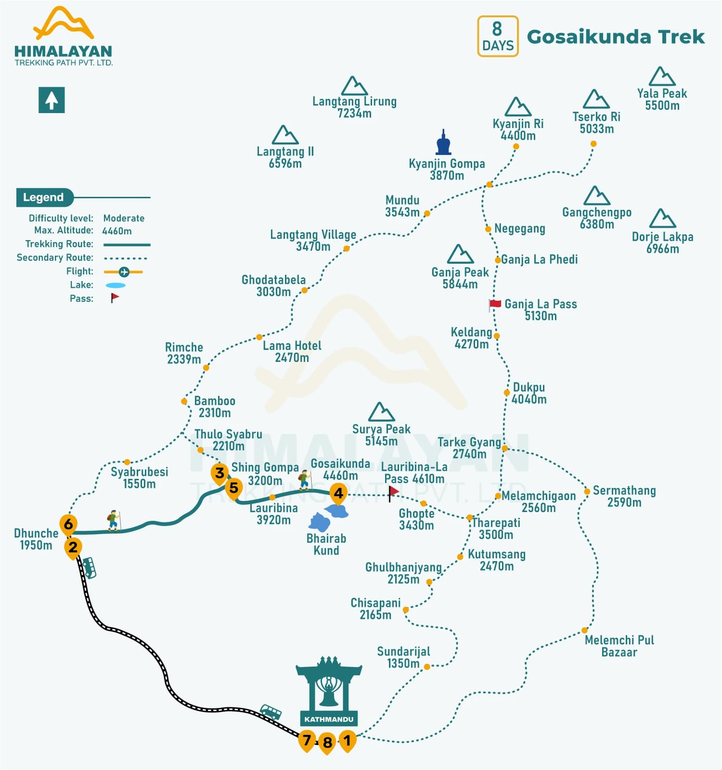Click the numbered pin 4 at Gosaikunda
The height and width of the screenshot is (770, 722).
338,493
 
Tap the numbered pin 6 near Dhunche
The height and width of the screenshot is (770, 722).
68,524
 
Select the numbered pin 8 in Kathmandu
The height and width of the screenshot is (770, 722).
327,743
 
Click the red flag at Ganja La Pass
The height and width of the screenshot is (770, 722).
495,304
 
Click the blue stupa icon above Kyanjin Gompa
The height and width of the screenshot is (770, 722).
443,142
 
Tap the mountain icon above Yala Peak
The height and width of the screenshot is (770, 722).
662,77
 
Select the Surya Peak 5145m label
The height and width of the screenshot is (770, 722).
381,435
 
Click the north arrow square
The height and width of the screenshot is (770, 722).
52,100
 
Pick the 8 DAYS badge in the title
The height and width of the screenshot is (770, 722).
498,36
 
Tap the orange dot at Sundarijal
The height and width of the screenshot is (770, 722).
426,667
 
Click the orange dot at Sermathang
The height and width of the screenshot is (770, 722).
587,491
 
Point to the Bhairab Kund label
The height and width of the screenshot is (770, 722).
326,544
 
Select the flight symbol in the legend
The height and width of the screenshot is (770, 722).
124,272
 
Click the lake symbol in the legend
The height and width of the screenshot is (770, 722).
116,285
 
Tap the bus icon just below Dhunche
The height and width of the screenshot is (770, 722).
89,567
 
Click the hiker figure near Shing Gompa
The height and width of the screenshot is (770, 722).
304,480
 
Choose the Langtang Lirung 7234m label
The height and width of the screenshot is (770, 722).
354,107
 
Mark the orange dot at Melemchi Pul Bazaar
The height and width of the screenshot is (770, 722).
584,630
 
